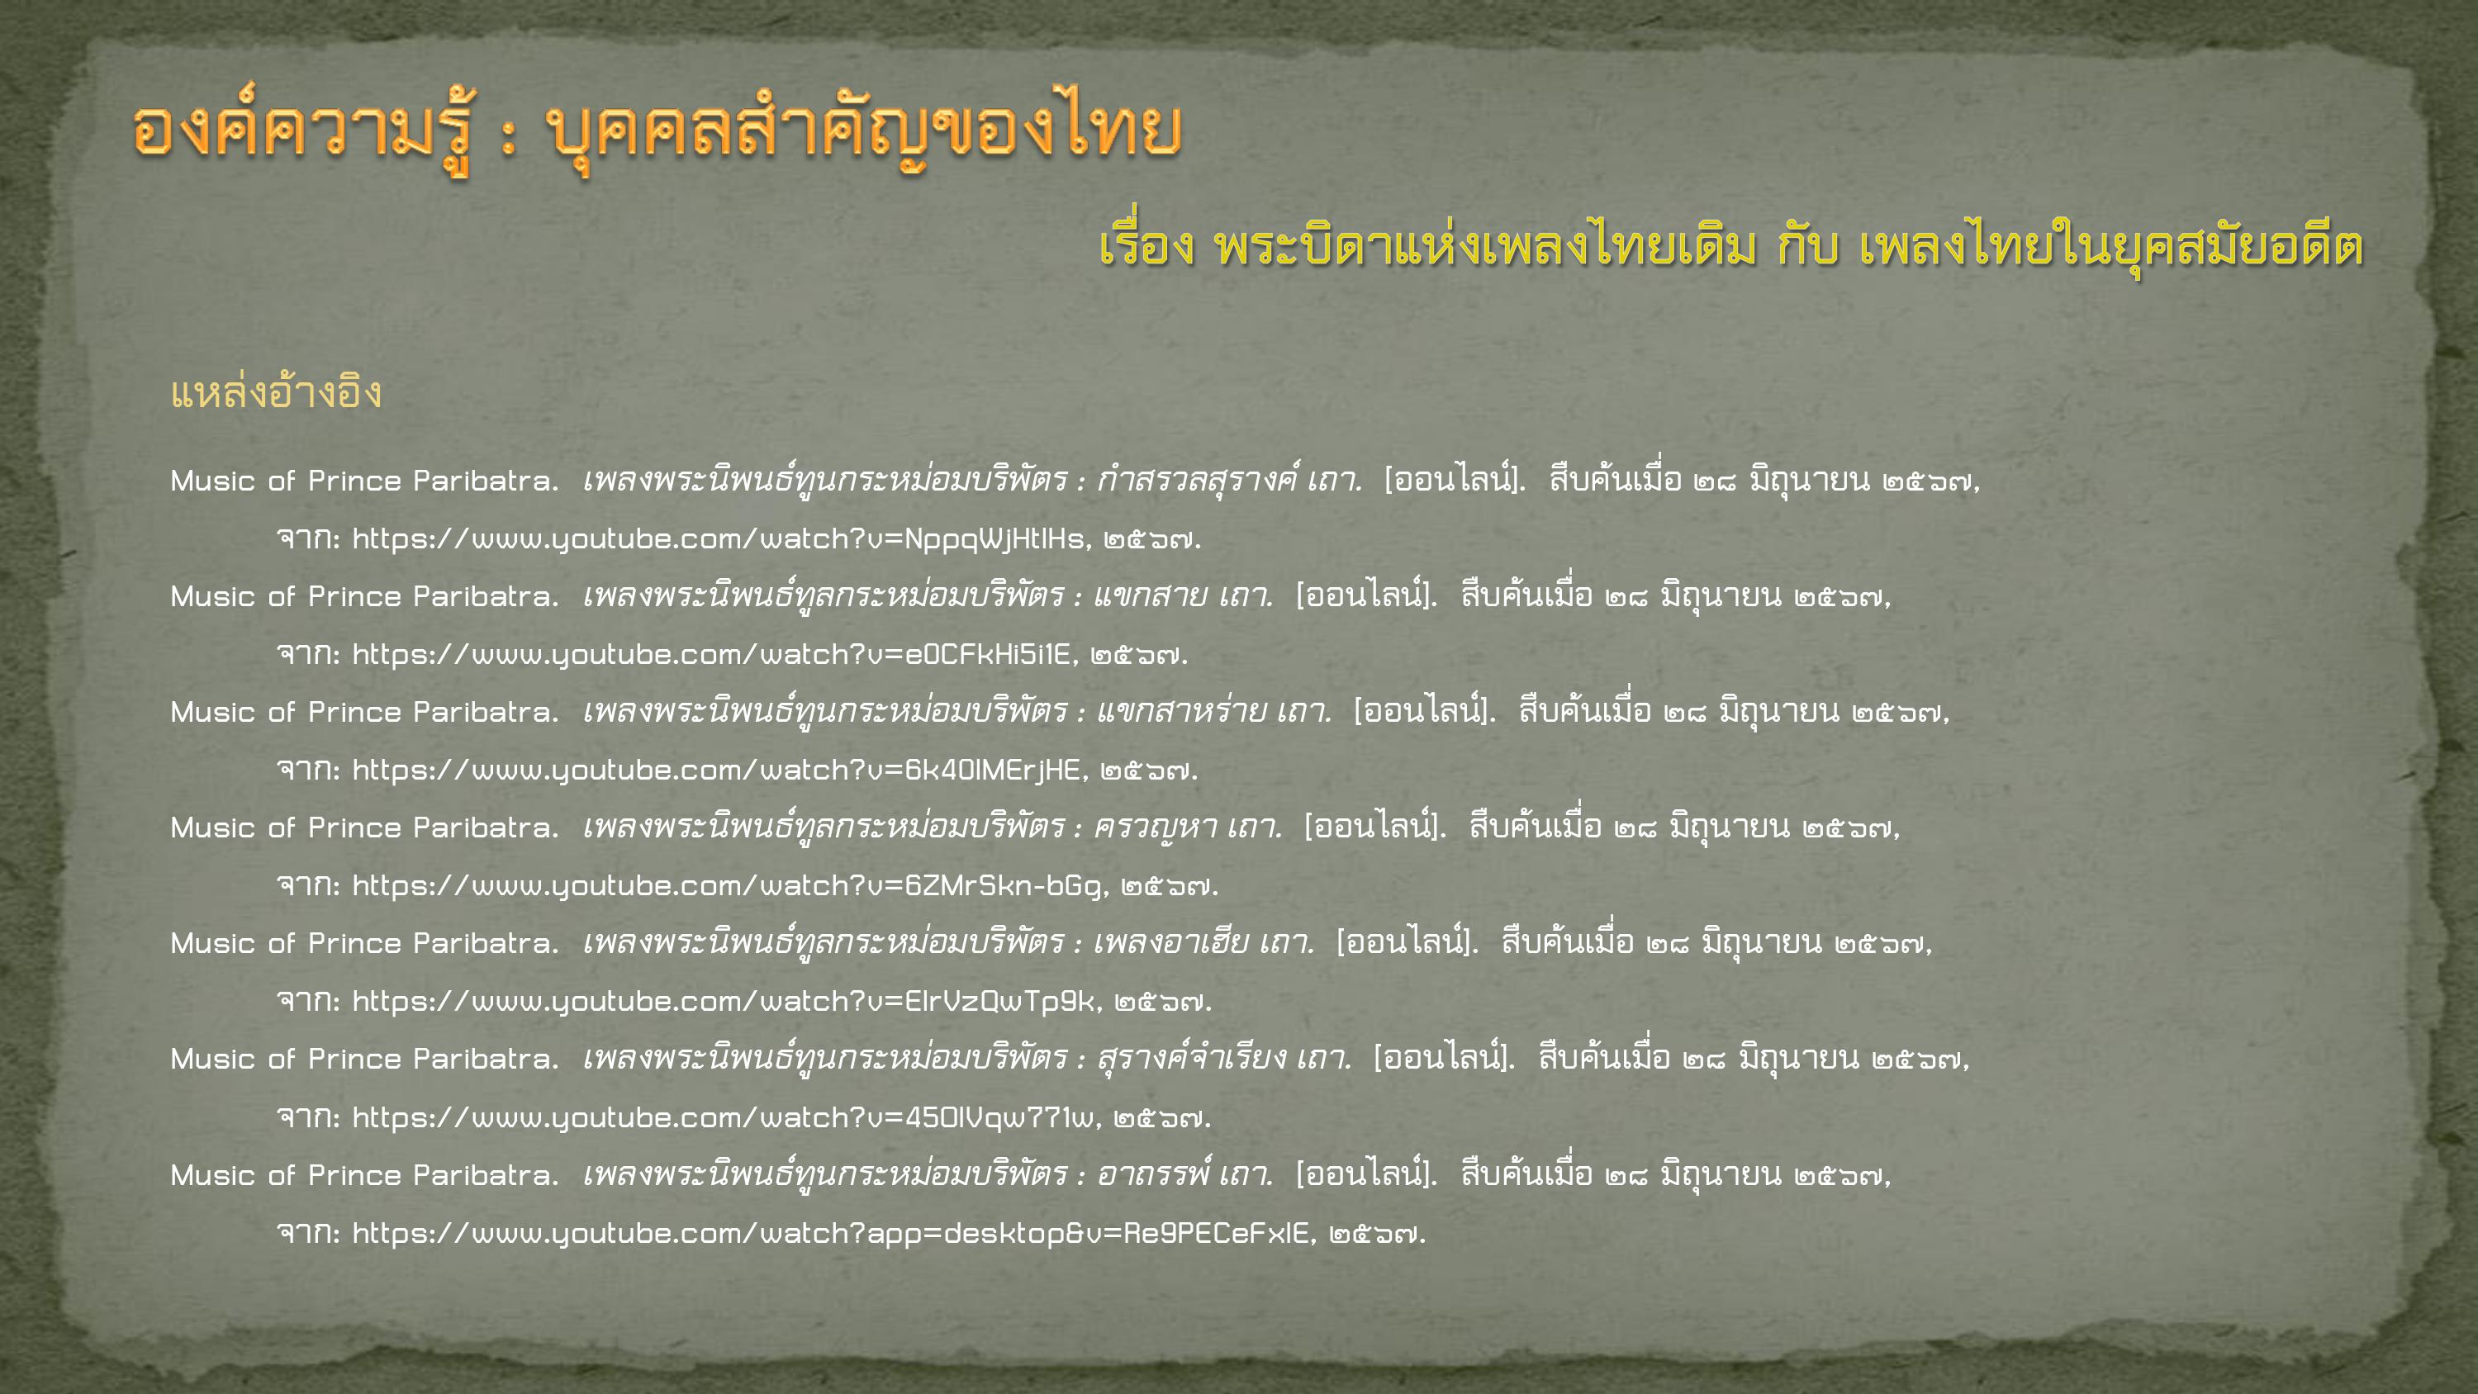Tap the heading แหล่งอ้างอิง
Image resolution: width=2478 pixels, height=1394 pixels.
click(276, 392)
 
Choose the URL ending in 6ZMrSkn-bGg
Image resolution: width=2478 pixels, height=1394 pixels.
click(729, 885)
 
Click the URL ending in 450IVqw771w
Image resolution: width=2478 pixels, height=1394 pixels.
click(724, 1117)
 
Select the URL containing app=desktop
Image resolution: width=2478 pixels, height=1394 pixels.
click(831, 1232)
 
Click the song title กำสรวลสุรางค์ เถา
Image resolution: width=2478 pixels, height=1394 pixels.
click(1229, 479)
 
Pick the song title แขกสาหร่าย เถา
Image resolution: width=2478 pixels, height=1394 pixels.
click(1215, 710)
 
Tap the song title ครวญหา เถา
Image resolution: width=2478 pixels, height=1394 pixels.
click(1188, 827)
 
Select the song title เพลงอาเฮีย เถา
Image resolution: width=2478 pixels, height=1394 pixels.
click(1204, 941)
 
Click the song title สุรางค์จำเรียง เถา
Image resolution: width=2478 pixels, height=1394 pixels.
click(1225, 1057)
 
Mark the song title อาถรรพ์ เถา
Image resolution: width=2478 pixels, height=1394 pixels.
click(1185, 1173)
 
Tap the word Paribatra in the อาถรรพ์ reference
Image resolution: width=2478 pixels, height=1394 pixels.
click(486, 1174)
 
